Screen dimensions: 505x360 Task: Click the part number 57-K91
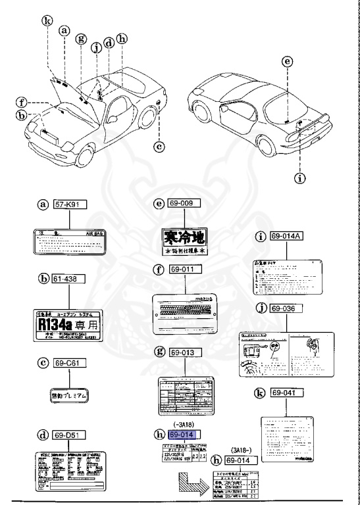point(70,205)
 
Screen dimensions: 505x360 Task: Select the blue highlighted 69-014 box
point(186,435)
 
